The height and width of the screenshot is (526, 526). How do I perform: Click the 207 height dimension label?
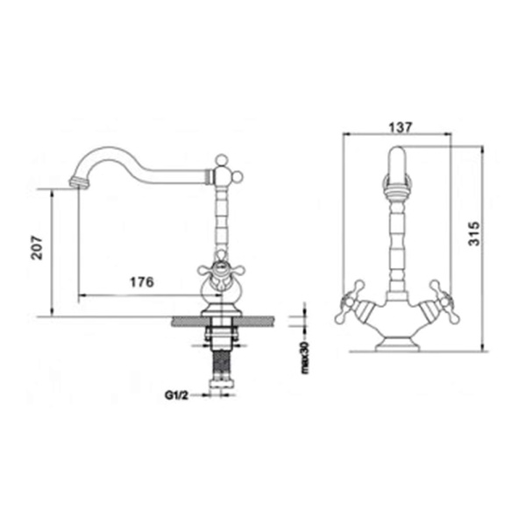click(37, 248)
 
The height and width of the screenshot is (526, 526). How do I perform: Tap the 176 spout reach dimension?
click(142, 282)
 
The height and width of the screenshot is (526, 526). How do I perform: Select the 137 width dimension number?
click(400, 127)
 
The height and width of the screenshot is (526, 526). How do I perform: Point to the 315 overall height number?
click(474, 233)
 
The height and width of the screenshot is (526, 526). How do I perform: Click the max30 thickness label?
click(305, 358)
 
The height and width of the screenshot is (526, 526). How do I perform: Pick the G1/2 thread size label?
click(176, 395)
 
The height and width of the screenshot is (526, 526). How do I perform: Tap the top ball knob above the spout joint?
click(221, 160)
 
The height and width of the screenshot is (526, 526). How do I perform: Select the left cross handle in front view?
click(350, 302)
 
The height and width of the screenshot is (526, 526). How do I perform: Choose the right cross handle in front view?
click(445, 302)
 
